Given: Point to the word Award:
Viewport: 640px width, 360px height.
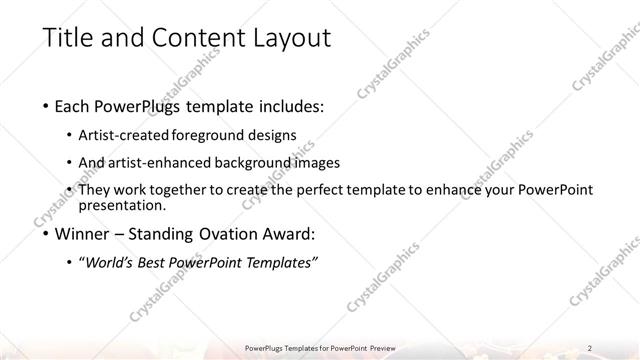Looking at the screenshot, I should pos(289,236).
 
